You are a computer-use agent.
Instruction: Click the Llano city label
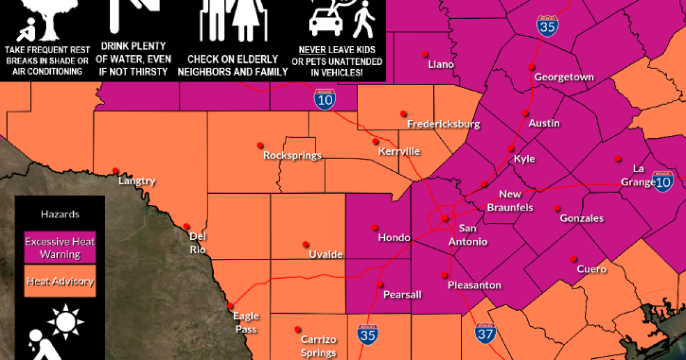[x=441, y=65]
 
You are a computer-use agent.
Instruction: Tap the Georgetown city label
[x=564, y=77]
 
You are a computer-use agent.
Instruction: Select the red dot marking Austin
[x=525, y=113]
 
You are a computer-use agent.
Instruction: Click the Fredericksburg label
[x=443, y=124]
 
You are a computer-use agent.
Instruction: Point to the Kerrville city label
[x=399, y=151]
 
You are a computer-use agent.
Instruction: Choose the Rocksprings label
[x=292, y=155]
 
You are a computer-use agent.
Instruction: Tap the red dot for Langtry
[x=115, y=170]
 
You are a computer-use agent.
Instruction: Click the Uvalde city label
[x=325, y=254]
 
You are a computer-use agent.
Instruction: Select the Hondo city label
[x=394, y=238]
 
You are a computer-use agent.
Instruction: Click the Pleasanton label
[x=474, y=285]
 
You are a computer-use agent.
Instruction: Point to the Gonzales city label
[x=581, y=218]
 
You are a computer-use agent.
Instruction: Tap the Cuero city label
[x=591, y=269]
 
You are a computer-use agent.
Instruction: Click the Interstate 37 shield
[x=484, y=332]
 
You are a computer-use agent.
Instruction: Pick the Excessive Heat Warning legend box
[x=60, y=247]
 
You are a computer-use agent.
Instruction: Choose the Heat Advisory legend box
[x=60, y=281]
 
